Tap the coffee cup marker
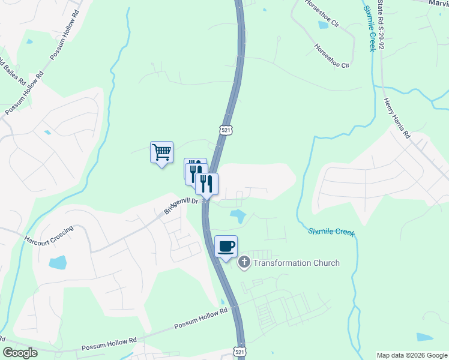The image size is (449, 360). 226,247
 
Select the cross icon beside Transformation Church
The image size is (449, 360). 244,262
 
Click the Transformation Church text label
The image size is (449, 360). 297,263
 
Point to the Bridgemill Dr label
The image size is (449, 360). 181,206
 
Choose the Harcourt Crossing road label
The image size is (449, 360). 49,235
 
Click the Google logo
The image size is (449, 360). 20,353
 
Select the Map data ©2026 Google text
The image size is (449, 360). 412,355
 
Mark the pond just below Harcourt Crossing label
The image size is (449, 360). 58,262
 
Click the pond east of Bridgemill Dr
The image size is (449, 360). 238,216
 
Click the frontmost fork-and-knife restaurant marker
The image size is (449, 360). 207,184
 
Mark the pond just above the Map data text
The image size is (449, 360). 424,337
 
